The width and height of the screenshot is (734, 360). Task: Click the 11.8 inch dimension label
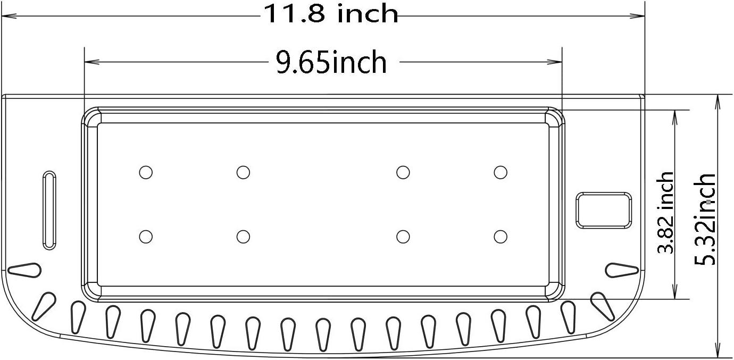[330, 14]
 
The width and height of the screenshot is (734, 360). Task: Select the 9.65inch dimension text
[331, 63]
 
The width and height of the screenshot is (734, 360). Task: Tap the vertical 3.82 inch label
[666, 212]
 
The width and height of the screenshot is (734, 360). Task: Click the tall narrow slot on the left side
[49, 210]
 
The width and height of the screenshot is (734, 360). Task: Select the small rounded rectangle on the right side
[604, 210]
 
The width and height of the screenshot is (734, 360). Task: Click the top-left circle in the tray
[146, 172]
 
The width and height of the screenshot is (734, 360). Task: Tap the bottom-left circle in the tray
[146, 236]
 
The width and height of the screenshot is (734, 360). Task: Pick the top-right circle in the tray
[500, 172]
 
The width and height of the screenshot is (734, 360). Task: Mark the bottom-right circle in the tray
[500, 236]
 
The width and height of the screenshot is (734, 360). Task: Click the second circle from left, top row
[243, 172]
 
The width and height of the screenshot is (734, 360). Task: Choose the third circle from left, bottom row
[403, 236]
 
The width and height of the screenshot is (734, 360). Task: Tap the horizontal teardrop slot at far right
[622, 270]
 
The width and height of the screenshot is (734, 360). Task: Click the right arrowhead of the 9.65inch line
[558, 62]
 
